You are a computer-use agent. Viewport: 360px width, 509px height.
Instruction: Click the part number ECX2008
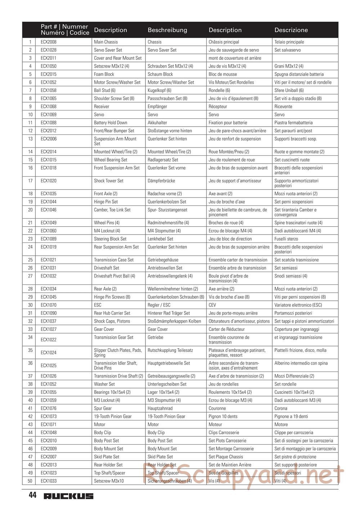tap(49, 42)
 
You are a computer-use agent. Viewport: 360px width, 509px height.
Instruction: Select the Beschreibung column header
tap(167, 30)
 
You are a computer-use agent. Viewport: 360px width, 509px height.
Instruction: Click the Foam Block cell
tap(104, 74)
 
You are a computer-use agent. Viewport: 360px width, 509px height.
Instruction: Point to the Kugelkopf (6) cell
tap(159, 91)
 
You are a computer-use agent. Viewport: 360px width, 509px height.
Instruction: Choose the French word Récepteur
tap(218, 107)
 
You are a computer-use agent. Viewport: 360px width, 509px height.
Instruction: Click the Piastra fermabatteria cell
tap(293, 123)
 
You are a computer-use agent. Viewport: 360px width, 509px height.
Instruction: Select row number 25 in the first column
tap(30, 260)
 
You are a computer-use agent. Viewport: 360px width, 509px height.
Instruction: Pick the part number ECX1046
tap(49, 210)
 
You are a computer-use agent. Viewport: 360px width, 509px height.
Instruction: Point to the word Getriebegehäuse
tap(163, 260)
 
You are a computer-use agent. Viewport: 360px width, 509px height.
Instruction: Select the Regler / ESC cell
tap(159, 305)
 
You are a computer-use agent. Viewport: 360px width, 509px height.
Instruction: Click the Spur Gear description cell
tap(103, 409)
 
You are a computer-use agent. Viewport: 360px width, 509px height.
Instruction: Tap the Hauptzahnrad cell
tap(160, 409)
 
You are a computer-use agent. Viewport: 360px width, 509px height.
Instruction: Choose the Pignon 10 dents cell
tap(223, 417)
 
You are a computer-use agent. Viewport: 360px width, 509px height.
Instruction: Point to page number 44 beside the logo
tap(32, 496)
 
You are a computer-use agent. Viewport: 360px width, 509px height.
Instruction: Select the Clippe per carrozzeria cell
tap(294, 433)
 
